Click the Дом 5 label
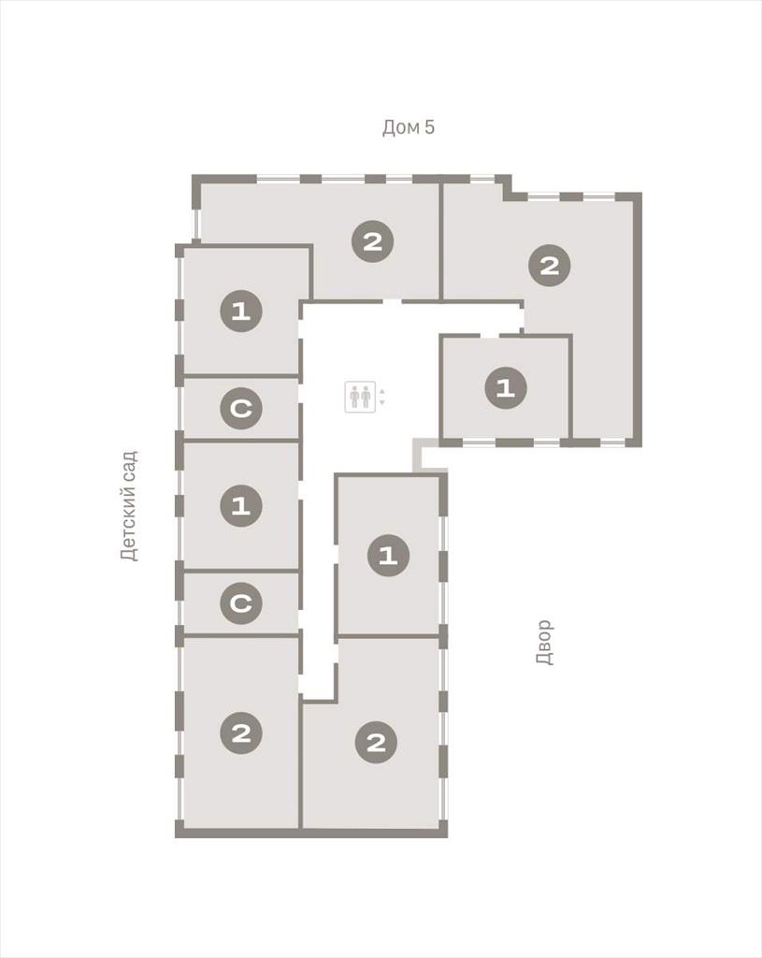coord(409,127)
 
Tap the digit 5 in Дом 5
coord(430,127)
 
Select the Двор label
coord(544,642)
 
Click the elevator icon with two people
coord(360,397)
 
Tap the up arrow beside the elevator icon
coord(382,392)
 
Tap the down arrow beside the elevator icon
coord(382,402)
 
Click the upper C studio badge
coord(241,408)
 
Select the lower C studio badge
coord(241,603)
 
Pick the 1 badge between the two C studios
coord(241,506)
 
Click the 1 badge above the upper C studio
coord(241,311)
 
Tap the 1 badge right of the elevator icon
coord(506,388)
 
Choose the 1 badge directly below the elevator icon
coord(388,556)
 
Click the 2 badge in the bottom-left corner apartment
coord(241,733)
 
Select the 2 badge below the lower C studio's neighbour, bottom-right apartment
coord(376,742)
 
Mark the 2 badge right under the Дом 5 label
coord(372,241)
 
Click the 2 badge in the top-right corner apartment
coord(550,265)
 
